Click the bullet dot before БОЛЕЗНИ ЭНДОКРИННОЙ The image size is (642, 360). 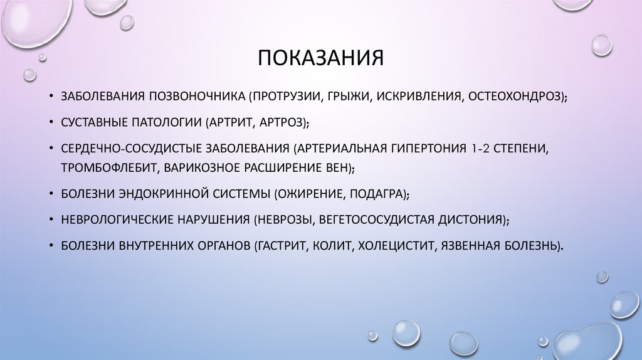tap(50, 194)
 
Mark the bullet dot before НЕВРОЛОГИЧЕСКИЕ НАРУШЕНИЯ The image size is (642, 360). tap(50, 221)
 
